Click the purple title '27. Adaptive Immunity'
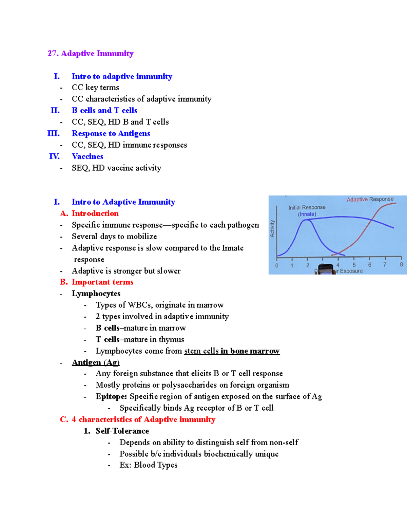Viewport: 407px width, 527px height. tap(90, 54)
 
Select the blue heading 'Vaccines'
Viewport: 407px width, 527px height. tap(88, 156)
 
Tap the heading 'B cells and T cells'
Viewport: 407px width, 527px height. tap(104, 111)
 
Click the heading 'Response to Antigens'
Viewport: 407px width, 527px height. tap(111, 134)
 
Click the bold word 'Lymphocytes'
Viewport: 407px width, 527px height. tap(96, 294)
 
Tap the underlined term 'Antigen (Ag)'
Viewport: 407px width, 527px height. tap(96, 362)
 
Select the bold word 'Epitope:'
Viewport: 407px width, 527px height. tap(111, 397)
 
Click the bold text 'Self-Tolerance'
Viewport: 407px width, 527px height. tap(122, 431)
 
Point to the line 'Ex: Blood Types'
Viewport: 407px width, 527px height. tap(148, 465)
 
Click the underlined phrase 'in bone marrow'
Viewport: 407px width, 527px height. tap(250, 351)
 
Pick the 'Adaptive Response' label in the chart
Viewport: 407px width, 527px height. tap(370, 199)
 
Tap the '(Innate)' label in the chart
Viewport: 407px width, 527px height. tap(307, 214)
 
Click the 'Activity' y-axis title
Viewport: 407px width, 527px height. tap(272, 228)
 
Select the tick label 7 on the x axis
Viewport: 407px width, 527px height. tap(385, 265)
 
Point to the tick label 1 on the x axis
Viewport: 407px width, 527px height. tap(292, 265)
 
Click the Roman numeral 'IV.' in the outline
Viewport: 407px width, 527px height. tap(54, 156)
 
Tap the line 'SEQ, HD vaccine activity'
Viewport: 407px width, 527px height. tap(116, 168)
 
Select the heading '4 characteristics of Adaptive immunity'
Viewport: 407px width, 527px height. tap(143, 420)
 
